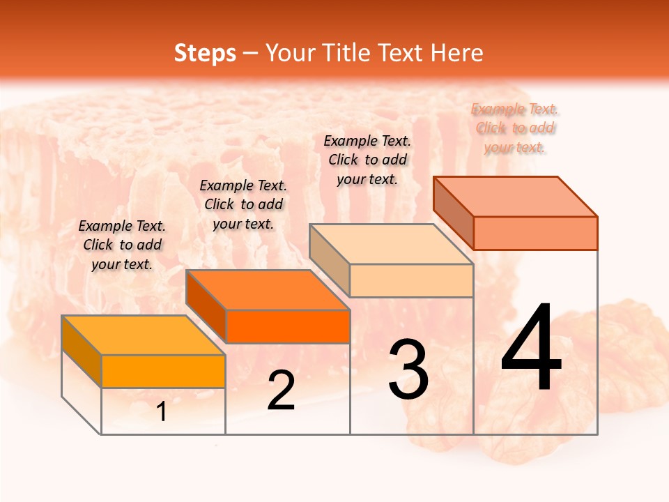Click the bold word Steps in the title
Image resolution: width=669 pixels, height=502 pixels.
pos(205,53)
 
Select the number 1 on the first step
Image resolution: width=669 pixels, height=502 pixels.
pos(162,412)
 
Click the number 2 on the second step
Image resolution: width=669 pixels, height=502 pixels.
pos(281,390)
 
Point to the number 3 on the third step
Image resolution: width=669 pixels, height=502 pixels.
pos(408,370)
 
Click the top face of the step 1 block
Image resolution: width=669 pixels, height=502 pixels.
pos(143,335)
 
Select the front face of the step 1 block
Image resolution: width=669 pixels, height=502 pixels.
pos(163,371)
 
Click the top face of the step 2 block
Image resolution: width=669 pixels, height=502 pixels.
pos(267,290)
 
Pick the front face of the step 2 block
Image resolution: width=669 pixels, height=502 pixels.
pos(287,326)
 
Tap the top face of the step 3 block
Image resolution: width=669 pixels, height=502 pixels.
pos(391,244)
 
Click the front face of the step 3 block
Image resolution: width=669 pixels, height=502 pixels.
pos(411,280)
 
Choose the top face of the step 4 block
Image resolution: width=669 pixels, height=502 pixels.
pos(515,197)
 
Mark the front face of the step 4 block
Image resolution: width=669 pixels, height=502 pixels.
pos(535,233)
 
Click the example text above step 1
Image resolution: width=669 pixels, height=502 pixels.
pos(122,245)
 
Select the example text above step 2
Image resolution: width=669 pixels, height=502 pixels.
pos(243,204)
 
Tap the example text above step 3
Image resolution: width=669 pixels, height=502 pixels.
pos(367,160)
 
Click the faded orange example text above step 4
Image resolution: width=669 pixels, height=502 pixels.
pos(515,128)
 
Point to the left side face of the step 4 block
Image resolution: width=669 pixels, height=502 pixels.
pos(453,212)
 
